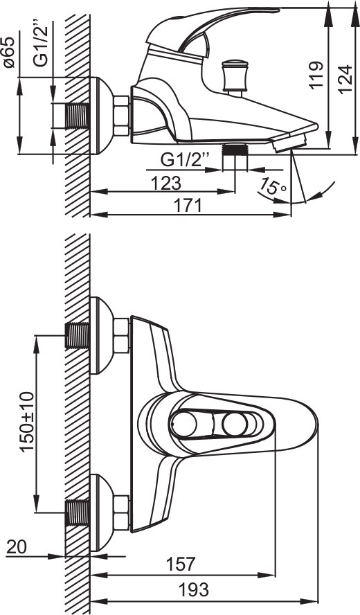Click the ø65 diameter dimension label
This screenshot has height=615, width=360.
point(10,52)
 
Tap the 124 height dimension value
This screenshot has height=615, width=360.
point(345,79)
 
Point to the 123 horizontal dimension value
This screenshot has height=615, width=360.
point(167,183)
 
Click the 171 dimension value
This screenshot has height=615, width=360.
point(188,206)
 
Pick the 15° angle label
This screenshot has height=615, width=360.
point(273,187)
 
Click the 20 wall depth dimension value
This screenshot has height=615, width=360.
point(17,547)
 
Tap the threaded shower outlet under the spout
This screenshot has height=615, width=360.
point(235,150)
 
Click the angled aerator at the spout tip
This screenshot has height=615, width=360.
point(289,141)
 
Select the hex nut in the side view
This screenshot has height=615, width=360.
point(121,116)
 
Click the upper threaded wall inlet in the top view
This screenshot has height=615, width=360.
point(78,336)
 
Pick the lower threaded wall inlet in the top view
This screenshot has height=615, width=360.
point(78,512)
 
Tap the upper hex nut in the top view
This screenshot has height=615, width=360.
point(121,336)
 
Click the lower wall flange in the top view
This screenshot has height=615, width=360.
point(102,512)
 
